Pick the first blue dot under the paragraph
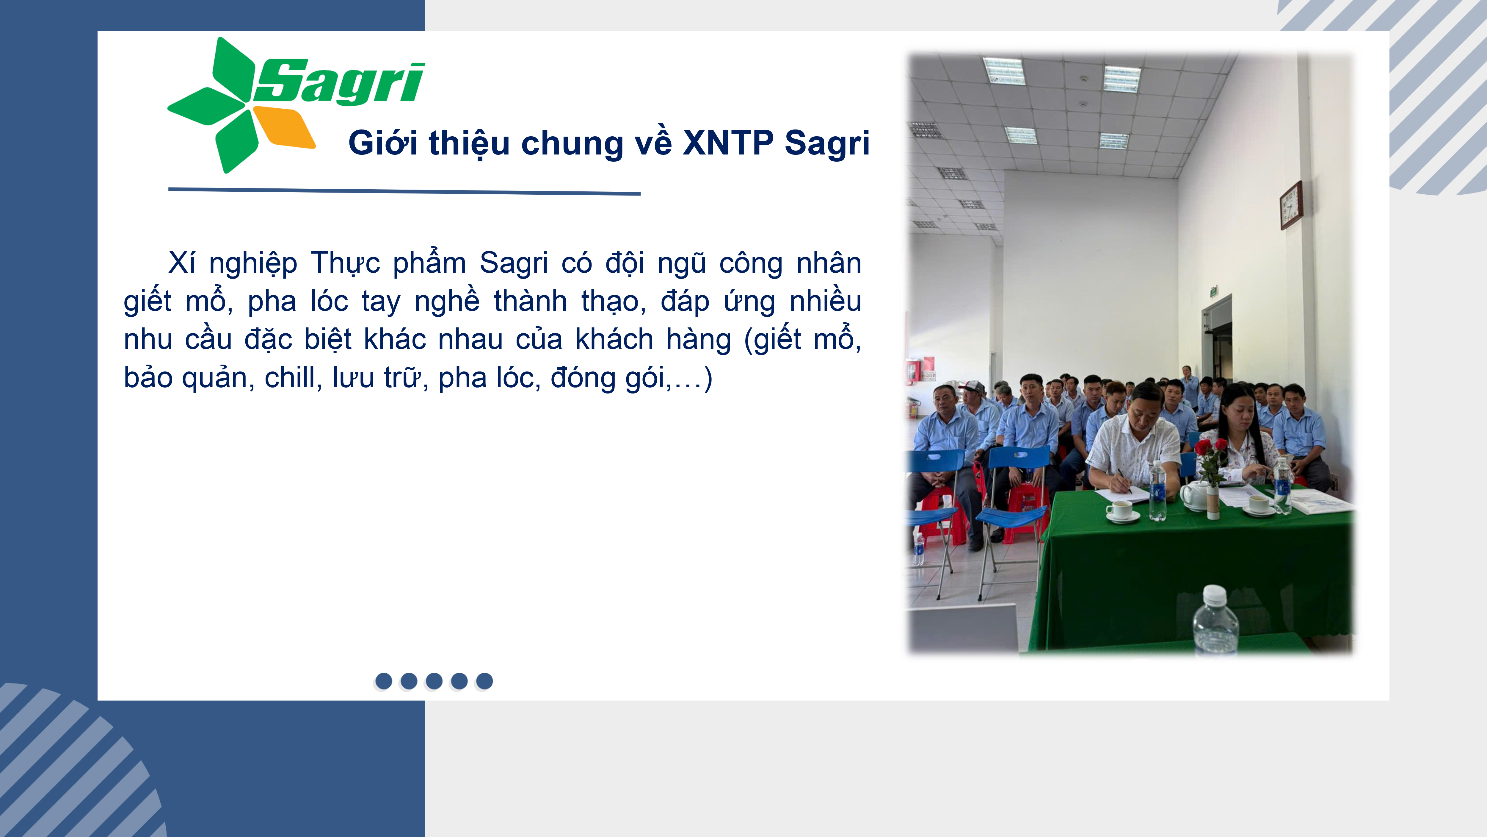click(383, 681)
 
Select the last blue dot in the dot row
click(484, 681)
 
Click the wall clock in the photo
click(1291, 205)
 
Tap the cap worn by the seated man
click(972, 387)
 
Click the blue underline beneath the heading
click(404, 190)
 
